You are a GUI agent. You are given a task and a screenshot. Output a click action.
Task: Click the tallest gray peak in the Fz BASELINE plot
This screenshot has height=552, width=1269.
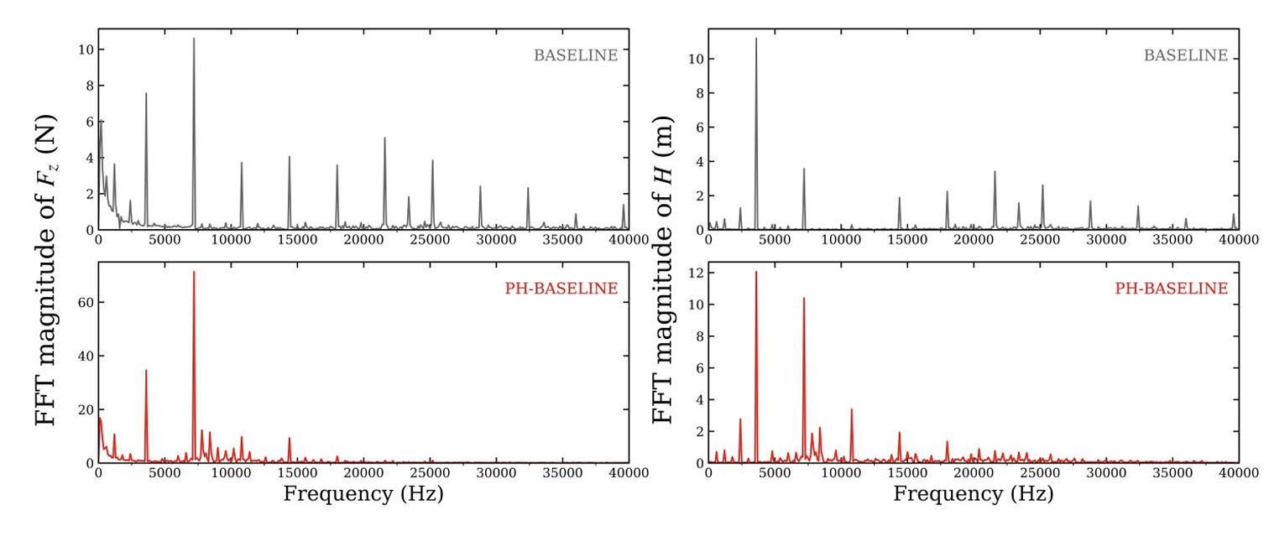pyautogui.click(x=194, y=39)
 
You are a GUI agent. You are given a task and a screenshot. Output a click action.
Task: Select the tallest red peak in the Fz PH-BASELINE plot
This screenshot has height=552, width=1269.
pyautogui.click(x=194, y=273)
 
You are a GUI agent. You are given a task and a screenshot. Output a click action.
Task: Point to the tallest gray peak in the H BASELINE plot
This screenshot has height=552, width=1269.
pyautogui.click(x=755, y=39)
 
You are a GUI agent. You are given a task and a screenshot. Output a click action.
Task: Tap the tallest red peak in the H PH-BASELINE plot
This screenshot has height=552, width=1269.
pyautogui.click(x=755, y=273)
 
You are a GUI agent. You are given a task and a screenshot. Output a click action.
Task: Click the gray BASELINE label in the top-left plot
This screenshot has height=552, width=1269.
pyautogui.click(x=576, y=55)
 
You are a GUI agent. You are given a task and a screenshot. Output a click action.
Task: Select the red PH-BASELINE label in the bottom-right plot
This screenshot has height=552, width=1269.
pyautogui.click(x=1172, y=289)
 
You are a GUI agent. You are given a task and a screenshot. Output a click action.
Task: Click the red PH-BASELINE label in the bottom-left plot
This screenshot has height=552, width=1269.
pyautogui.click(x=561, y=289)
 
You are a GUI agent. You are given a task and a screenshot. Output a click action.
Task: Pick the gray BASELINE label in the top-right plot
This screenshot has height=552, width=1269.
pyautogui.click(x=1186, y=55)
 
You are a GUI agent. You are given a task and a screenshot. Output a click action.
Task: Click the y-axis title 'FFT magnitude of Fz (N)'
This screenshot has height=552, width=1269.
pyautogui.click(x=46, y=269)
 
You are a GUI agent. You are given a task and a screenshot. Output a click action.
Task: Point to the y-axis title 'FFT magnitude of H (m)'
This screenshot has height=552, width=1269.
pyautogui.click(x=662, y=269)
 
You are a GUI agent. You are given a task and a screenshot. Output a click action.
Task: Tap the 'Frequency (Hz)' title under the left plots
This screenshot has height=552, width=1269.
pyautogui.click(x=363, y=494)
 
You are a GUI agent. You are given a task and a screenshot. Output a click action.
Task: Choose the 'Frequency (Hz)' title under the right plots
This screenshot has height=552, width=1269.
pyautogui.click(x=974, y=494)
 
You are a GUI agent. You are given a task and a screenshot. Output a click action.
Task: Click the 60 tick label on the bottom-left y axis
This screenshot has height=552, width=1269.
pyautogui.click(x=86, y=303)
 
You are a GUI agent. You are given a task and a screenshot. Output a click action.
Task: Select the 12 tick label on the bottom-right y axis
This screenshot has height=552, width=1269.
pyautogui.click(x=697, y=273)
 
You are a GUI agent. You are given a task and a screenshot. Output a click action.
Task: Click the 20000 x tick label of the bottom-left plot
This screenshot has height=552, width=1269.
pyautogui.click(x=363, y=473)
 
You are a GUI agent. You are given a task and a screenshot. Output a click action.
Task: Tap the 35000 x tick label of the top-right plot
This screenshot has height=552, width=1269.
pyautogui.click(x=1172, y=240)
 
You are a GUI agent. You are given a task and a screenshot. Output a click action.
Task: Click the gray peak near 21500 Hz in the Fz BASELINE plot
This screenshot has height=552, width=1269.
pyautogui.click(x=384, y=138)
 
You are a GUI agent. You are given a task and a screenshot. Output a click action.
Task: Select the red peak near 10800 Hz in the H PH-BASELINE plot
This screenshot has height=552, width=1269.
pyautogui.click(x=852, y=410)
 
